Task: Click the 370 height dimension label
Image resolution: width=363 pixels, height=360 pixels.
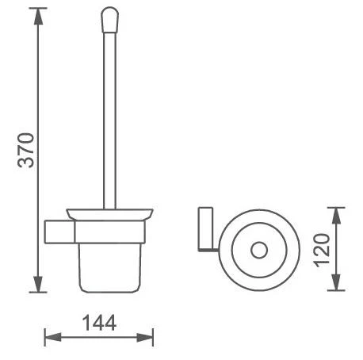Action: pos(26,151)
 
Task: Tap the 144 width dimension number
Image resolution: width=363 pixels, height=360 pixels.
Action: pos(99,323)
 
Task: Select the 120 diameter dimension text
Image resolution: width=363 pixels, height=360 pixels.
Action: pos(322,250)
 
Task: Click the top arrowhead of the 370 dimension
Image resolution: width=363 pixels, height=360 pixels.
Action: pos(38,17)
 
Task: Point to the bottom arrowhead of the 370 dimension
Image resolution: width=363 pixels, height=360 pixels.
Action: pos(38,284)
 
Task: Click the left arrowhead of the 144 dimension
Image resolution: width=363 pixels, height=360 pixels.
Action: pos(53,337)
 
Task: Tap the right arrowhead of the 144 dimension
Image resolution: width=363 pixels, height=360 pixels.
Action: pos(145,337)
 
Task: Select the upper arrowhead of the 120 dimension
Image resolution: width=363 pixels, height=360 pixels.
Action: pos(336,216)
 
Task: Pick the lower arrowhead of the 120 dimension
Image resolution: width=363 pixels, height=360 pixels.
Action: pos(336,282)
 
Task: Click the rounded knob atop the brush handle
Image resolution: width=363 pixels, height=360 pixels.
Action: pos(109,20)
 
